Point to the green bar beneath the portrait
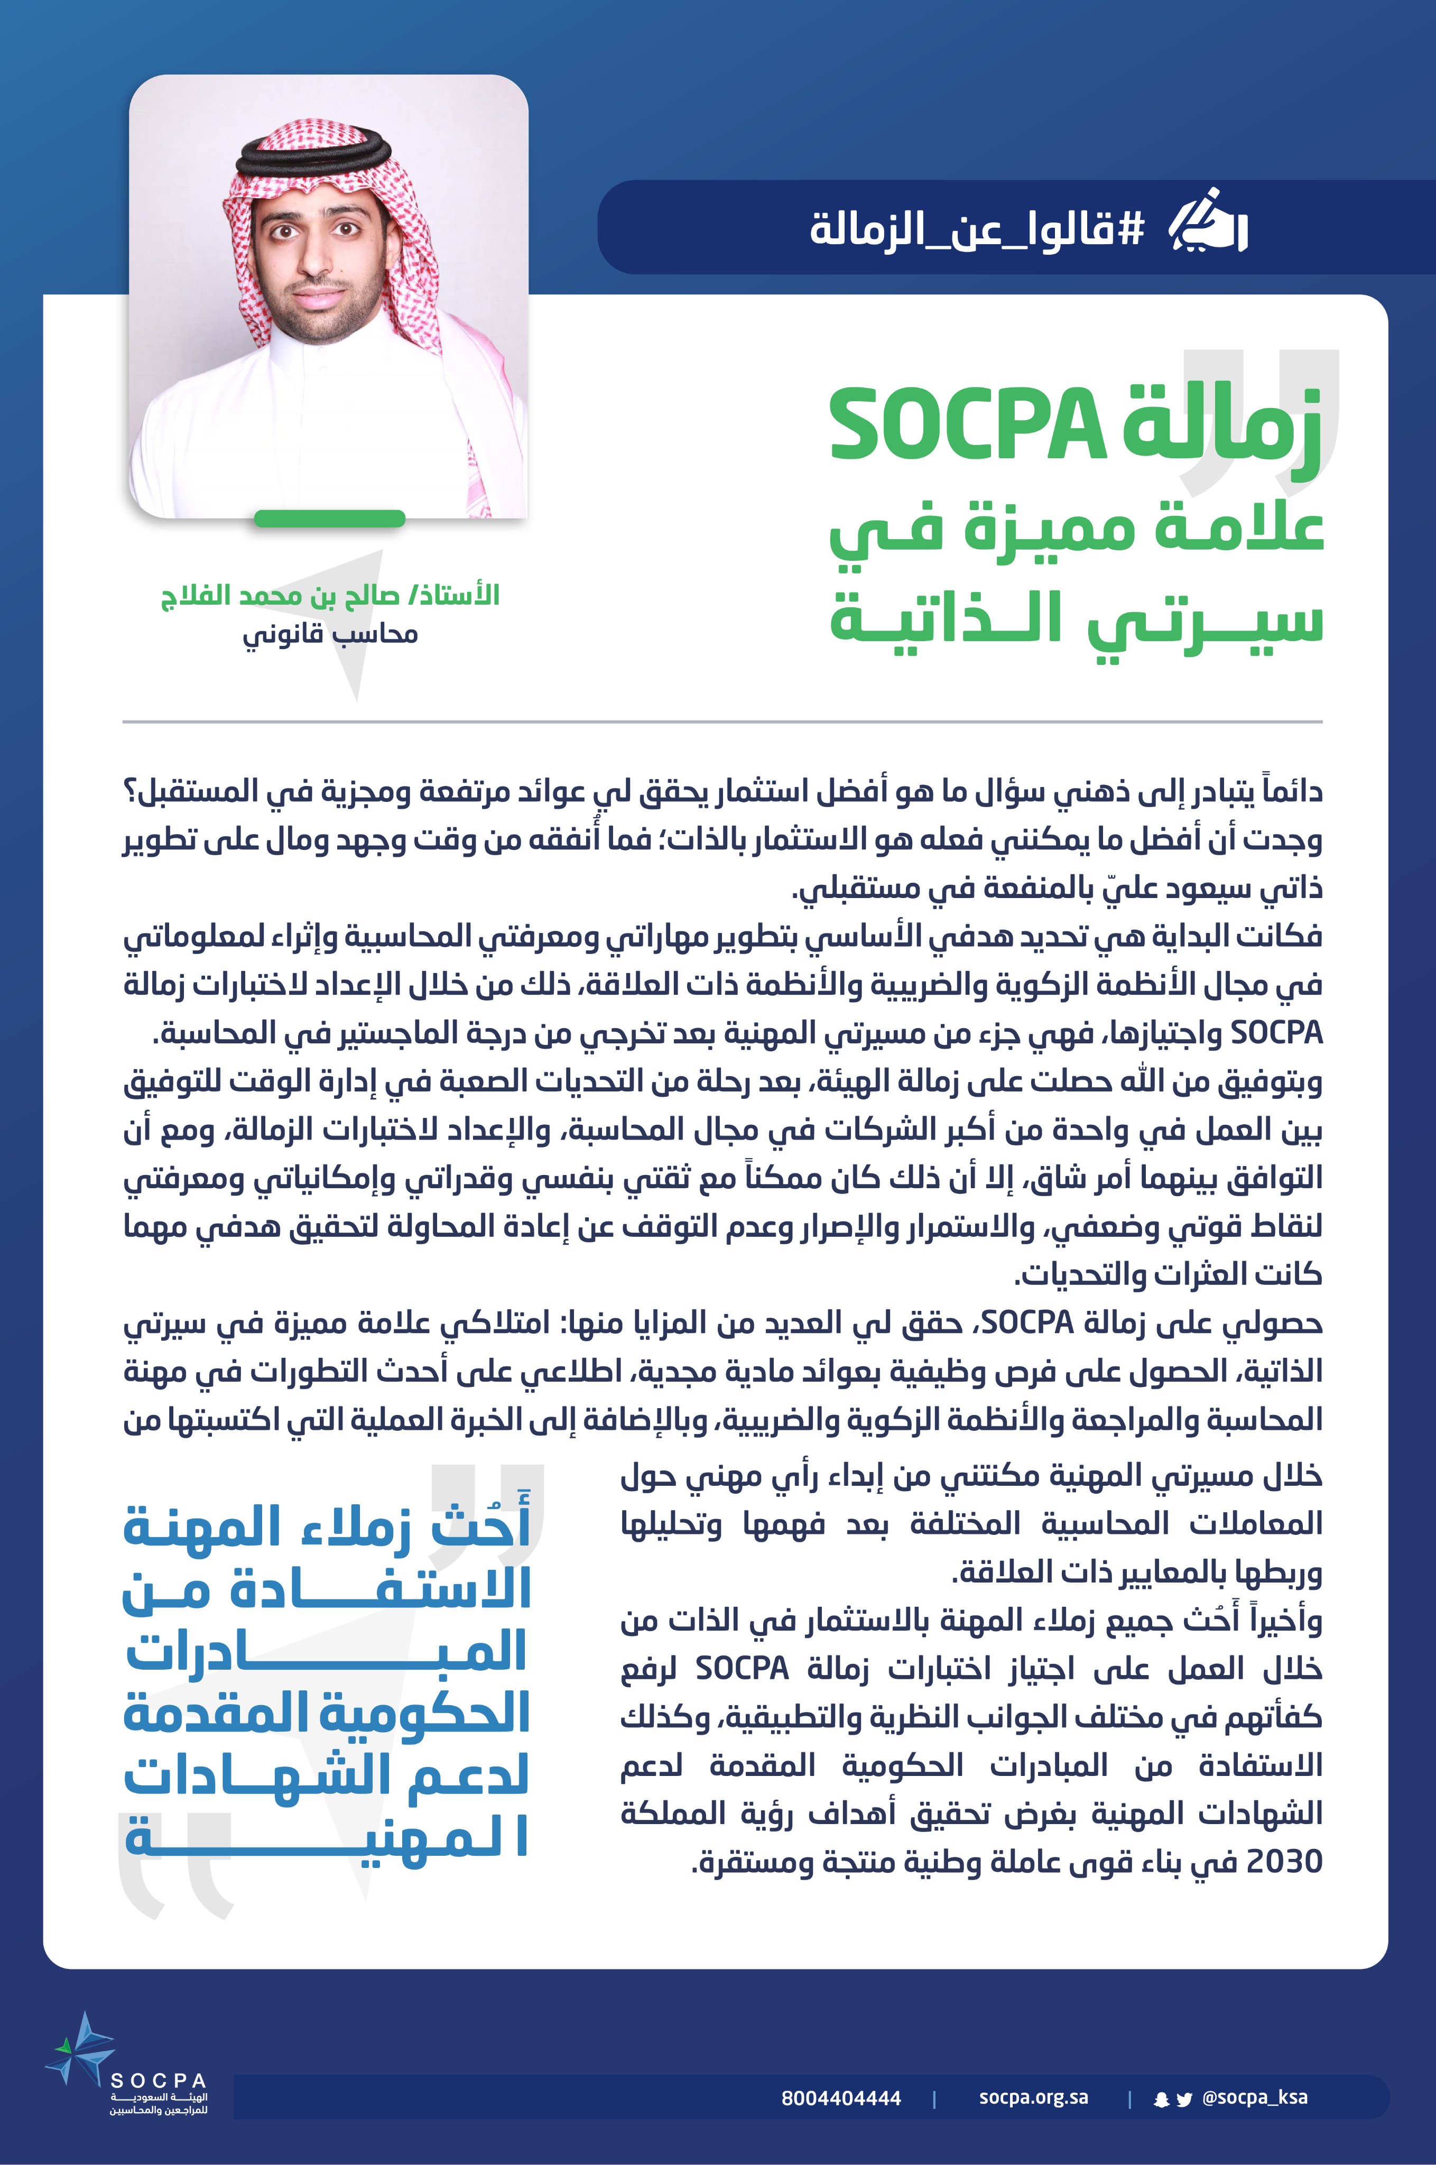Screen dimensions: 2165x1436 [330, 519]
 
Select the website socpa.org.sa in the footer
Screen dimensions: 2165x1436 [1033, 2097]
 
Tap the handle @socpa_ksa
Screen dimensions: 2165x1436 [1255, 2097]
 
